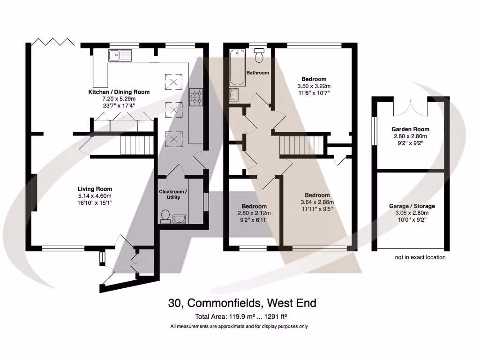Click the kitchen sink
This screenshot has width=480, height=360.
point(120,56)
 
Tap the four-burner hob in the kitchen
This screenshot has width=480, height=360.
point(195,97)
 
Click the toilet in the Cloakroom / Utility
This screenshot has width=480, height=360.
point(165,216)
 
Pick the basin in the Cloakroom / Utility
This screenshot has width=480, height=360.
point(179,218)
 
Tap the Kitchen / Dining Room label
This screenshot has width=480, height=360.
point(119,92)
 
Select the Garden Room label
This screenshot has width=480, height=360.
point(410,129)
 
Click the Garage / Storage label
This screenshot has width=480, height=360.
point(412,206)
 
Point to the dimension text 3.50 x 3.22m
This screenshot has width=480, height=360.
point(314,86)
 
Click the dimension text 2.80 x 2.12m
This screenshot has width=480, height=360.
point(254,213)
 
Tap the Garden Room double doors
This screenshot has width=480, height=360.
point(411,107)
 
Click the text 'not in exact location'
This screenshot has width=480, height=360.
point(420,257)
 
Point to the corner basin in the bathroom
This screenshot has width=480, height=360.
point(234,95)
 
